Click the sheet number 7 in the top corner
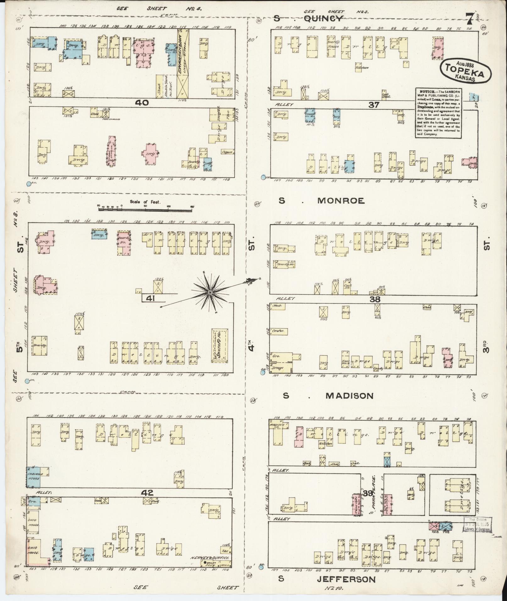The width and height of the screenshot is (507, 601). point(470,20)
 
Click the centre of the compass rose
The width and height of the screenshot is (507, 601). point(210,293)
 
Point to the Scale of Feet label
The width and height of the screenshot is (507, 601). point(145,202)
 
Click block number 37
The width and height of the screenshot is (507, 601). point(374,105)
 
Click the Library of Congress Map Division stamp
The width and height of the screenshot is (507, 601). point(477,525)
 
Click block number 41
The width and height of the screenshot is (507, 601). point(151,298)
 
